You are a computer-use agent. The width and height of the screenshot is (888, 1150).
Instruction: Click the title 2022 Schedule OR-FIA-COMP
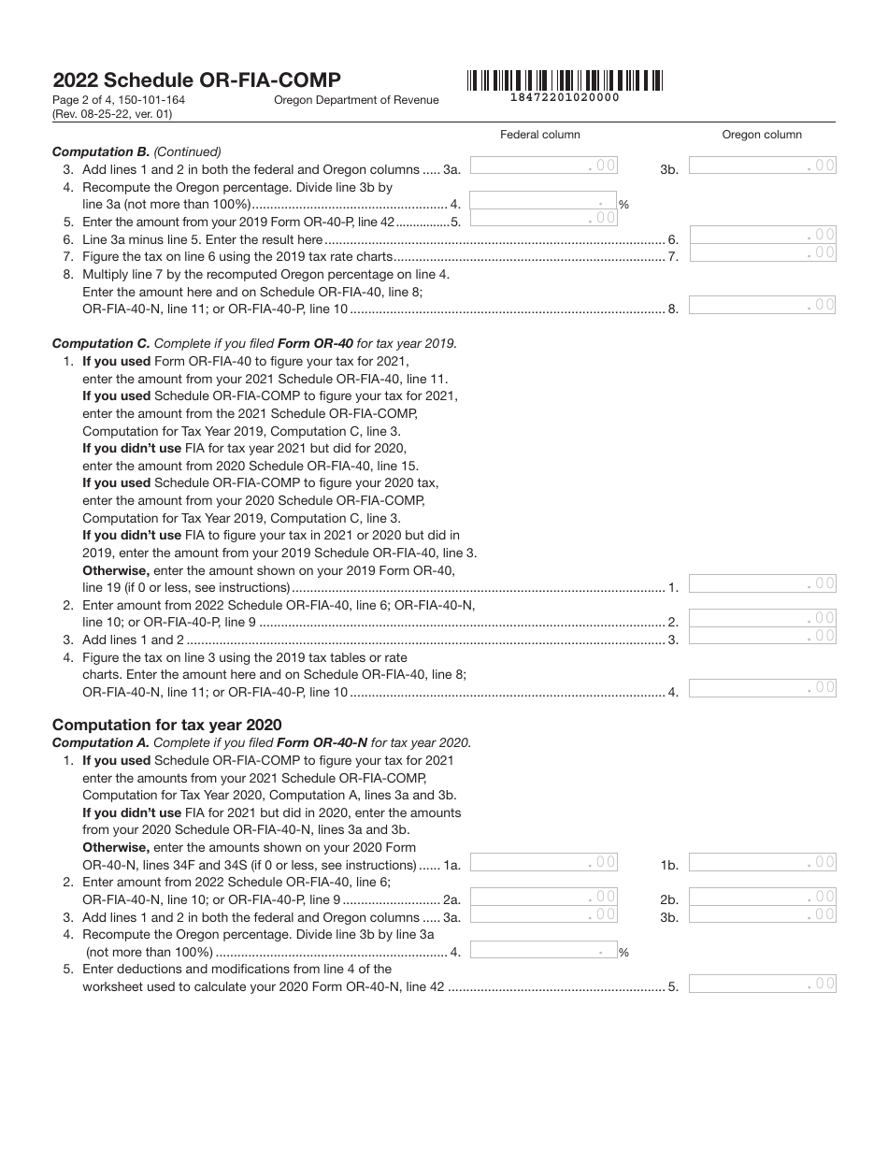pyautogui.click(x=196, y=80)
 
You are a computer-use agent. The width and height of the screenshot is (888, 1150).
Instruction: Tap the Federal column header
pyautogui.click(x=540, y=135)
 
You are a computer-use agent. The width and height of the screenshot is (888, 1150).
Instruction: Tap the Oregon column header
pyautogui.click(x=762, y=135)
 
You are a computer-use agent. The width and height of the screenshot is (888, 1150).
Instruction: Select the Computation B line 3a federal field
pyautogui.click(x=543, y=165)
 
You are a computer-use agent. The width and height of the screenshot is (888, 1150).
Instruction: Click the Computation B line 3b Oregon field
pyautogui.click(x=762, y=165)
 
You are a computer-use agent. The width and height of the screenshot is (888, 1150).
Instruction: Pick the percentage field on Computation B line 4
pyautogui.click(x=542, y=201)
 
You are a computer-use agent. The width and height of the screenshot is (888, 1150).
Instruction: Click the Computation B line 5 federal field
pyautogui.click(x=543, y=219)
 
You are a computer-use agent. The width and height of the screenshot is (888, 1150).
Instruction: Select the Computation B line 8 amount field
pyautogui.click(x=762, y=305)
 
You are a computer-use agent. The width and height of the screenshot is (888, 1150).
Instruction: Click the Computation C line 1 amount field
pyautogui.click(x=762, y=583)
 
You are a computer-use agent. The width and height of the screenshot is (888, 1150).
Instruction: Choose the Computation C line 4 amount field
pyautogui.click(x=762, y=688)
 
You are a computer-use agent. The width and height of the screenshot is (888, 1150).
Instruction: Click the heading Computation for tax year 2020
pyautogui.click(x=166, y=725)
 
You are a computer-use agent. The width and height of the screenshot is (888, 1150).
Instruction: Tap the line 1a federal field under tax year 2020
pyautogui.click(x=543, y=862)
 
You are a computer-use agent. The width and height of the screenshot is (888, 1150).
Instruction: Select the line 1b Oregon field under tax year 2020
pyautogui.click(x=762, y=862)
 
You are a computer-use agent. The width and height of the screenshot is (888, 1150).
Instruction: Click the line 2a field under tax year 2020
pyautogui.click(x=543, y=897)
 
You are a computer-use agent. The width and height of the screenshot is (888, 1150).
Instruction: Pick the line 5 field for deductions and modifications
pyautogui.click(x=762, y=984)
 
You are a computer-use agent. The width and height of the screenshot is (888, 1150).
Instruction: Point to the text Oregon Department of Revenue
pyautogui.click(x=356, y=100)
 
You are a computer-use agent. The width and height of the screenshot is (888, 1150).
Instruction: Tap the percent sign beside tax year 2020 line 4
pyautogui.click(x=623, y=954)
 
